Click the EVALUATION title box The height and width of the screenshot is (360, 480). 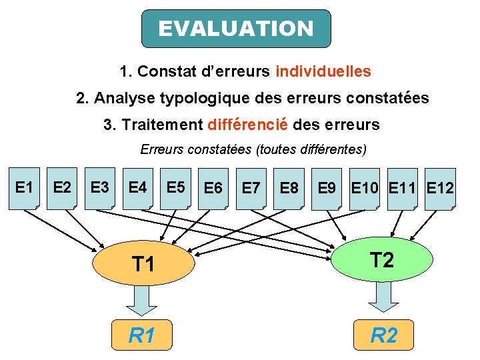(x=236, y=29)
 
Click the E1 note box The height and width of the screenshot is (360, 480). (x=24, y=188)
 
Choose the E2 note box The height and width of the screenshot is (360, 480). (x=62, y=188)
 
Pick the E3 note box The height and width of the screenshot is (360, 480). (x=100, y=188)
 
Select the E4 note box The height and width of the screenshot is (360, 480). (x=138, y=188)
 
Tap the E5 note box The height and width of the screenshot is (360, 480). (x=176, y=188)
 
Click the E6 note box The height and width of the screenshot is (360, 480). (x=213, y=189)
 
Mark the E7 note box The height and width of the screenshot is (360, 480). (x=251, y=189)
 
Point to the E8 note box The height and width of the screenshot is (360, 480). (x=289, y=189)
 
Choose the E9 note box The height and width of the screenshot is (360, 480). (x=327, y=189)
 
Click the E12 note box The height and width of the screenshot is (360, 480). (x=440, y=189)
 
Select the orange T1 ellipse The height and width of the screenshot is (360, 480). (x=143, y=264)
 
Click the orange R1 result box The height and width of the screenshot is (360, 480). (x=142, y=335)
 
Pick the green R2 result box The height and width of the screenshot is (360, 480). (x=383, y=335)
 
